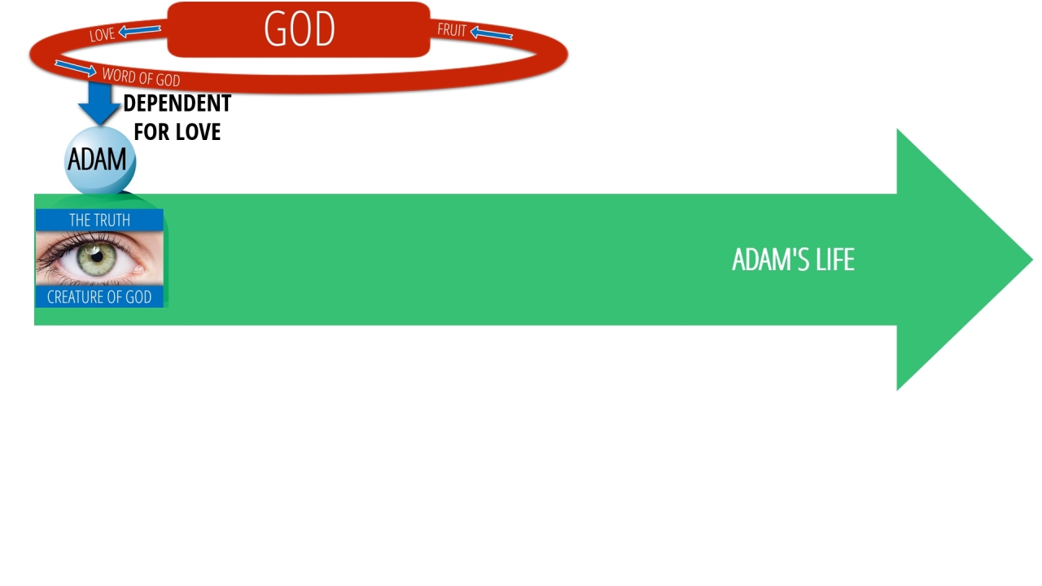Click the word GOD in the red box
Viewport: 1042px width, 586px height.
[300, 28]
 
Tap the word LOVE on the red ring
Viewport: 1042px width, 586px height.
[102, 34]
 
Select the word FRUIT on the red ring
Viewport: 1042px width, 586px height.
[452, 30]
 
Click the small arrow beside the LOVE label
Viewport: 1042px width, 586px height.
[139, 31]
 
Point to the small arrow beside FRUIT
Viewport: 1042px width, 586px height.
[491, 33]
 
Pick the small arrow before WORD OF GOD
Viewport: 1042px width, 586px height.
[76, 68]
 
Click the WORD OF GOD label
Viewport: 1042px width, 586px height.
[141, 77]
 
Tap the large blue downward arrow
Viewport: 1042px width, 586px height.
[99, 103]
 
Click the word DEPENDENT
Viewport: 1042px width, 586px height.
[177, 103]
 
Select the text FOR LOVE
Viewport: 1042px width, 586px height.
[177, 132]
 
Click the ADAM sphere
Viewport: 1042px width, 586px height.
[99, 160]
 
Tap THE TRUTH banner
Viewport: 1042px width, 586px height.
[99, 220]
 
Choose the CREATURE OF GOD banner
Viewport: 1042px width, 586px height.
[99, 297]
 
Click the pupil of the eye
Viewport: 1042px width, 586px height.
[97, 256]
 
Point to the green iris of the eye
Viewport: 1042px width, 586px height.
[97, 258]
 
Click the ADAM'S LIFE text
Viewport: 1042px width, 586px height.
[793, 260]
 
